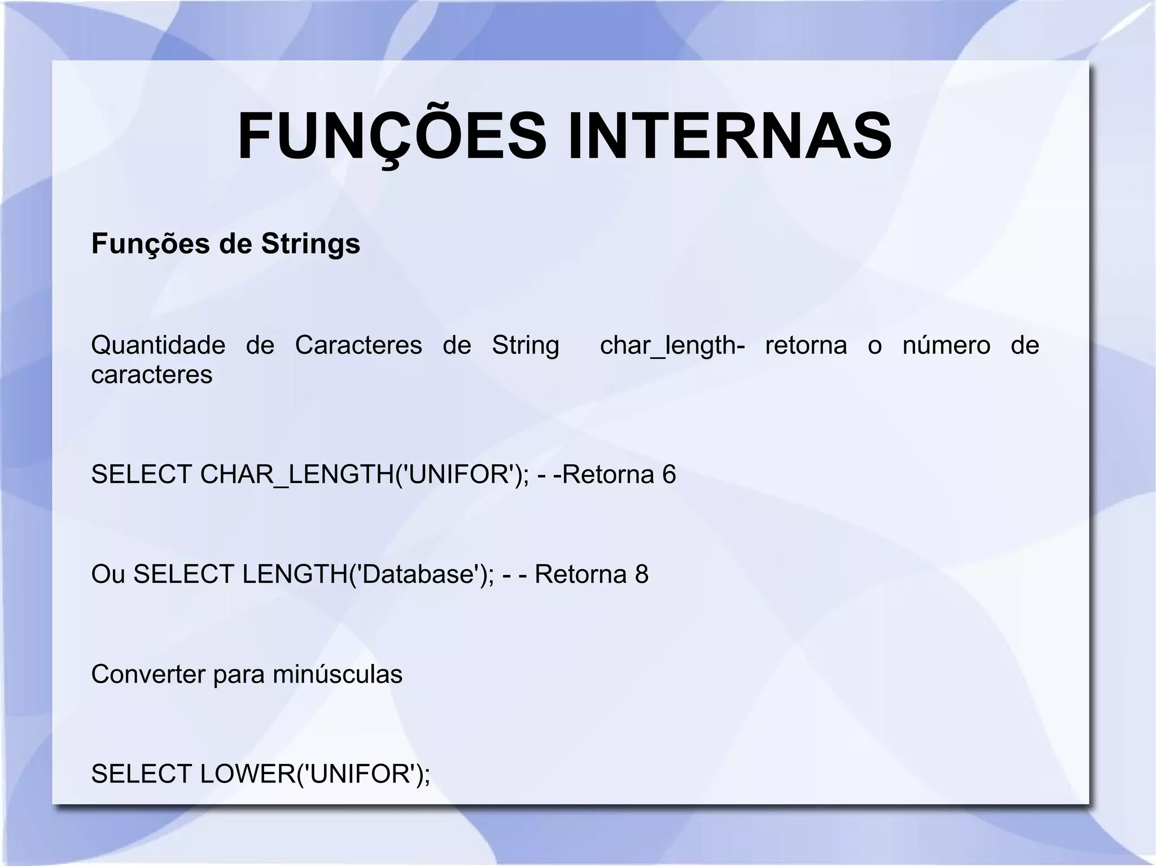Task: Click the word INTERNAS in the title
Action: [x=730, y=137]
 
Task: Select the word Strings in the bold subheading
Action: [x=310, y=244]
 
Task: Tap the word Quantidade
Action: [x=158, y=345]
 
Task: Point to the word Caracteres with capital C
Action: [x=358, y=345]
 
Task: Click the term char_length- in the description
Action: [x=672, y=345]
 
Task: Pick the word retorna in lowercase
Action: [x=806, y=345]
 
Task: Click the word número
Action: [x=946, y=345]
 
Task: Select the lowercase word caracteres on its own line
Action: [x=152, y=375]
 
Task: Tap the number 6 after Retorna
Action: [x=669, y=474]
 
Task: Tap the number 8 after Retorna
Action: [x=642, y=574]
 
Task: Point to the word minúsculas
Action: [x=338, y=674]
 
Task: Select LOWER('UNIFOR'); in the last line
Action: [x=315, y=773]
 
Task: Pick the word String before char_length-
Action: [x=526, y=345]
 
